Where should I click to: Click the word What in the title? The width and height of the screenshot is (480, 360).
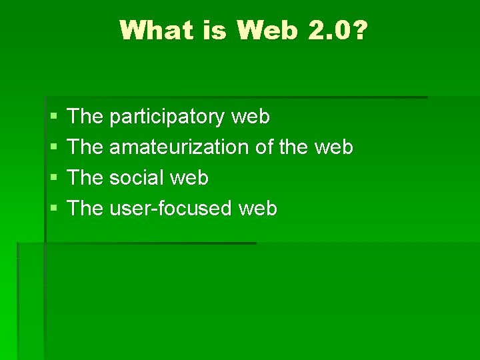pos(155,30)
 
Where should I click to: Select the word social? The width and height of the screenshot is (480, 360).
pos(137,178)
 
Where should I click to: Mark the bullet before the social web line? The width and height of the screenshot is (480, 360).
pos(53,179)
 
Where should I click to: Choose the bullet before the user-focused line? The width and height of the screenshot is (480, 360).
pos(53,209)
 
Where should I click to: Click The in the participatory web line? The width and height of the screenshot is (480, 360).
pos(85,117)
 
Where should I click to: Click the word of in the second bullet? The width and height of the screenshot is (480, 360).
pos(265,147)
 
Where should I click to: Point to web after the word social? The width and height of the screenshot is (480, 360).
pos(189,178)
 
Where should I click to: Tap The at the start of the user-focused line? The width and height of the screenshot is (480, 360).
pos(85,209)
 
